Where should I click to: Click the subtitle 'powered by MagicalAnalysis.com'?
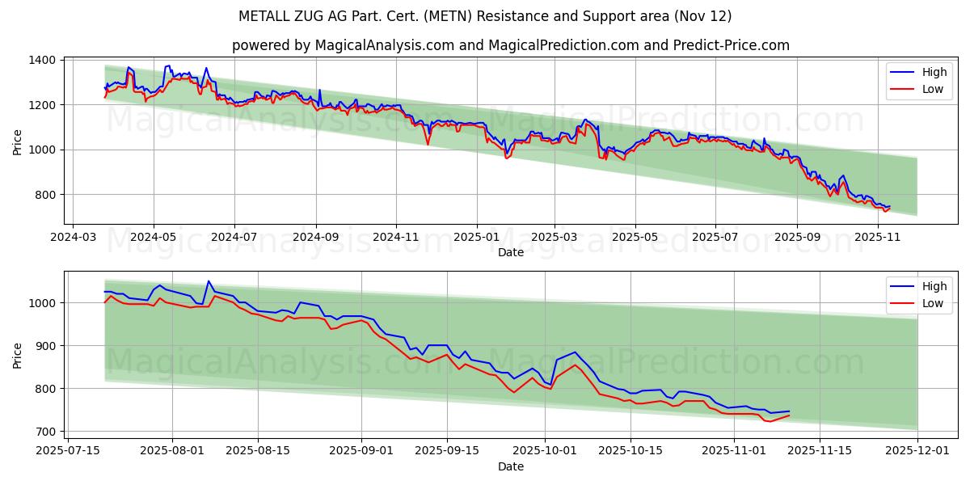click(511, 45)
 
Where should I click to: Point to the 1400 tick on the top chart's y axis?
click(40, 60)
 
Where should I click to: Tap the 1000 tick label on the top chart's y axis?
click(40, 150)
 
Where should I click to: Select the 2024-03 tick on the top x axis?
click(74, 238)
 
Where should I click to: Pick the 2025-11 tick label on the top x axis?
click(877, 238)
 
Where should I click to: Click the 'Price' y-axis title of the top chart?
click(18, 141)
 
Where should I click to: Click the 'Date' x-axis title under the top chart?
click(510, 252)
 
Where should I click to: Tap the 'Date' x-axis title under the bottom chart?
click(510, 466)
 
